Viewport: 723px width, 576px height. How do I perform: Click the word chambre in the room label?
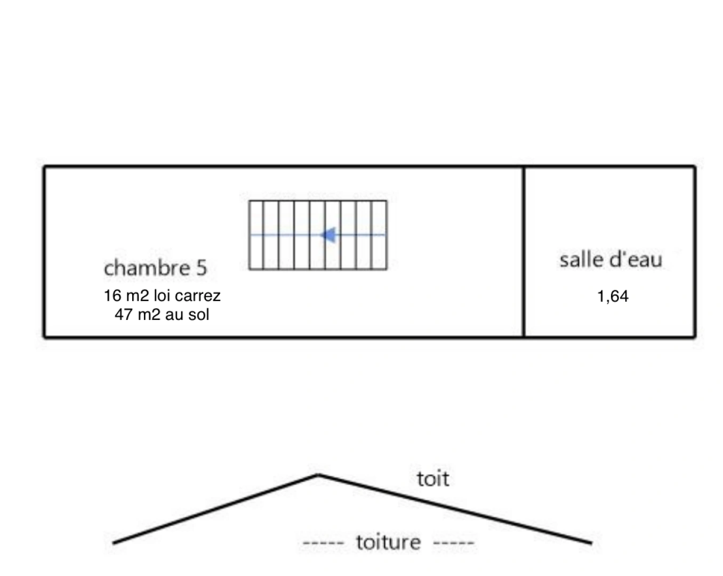(x=147, y=268)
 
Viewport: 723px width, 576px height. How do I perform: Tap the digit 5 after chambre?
(x=201, y=268)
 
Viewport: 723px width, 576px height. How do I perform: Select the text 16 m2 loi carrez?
(x=162, y=295)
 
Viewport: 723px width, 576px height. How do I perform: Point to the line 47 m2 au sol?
(x=162, y=315)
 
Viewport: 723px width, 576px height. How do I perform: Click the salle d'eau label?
(x=611, y=260)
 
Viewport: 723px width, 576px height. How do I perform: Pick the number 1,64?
(x=613, y=297)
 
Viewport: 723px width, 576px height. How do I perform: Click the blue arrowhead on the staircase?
(x=328, y=235)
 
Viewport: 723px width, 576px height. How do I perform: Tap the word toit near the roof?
(x=433, y=478)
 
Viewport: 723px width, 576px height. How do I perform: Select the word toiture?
(x=388, y=542)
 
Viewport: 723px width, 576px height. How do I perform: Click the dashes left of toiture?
(x=324, y=542)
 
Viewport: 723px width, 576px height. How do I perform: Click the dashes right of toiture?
(x=454, y=542)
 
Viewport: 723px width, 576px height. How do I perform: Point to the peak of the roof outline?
(x=318, y=475)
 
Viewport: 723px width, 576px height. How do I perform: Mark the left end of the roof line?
(x=113, y=543)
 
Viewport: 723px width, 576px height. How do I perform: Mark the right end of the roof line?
(x=592, y=543)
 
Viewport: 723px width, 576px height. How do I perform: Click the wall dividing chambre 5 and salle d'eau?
(x=524, y=252)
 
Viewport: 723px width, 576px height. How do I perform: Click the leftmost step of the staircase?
(x=256, y=235)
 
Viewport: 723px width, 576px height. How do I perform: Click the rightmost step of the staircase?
(x=379, y=235)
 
